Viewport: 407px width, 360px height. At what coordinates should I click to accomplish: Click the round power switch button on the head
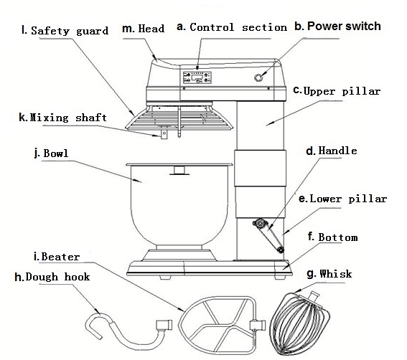[x=258, y=77]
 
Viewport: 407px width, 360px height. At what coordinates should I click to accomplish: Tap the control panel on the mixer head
[x=197, y=77]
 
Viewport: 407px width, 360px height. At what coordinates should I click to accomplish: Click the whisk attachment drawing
[x=300, y=323]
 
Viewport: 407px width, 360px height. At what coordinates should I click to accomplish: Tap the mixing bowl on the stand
[x=179, y=205]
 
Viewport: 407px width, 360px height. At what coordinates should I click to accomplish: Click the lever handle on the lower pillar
[x=269, y=235]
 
